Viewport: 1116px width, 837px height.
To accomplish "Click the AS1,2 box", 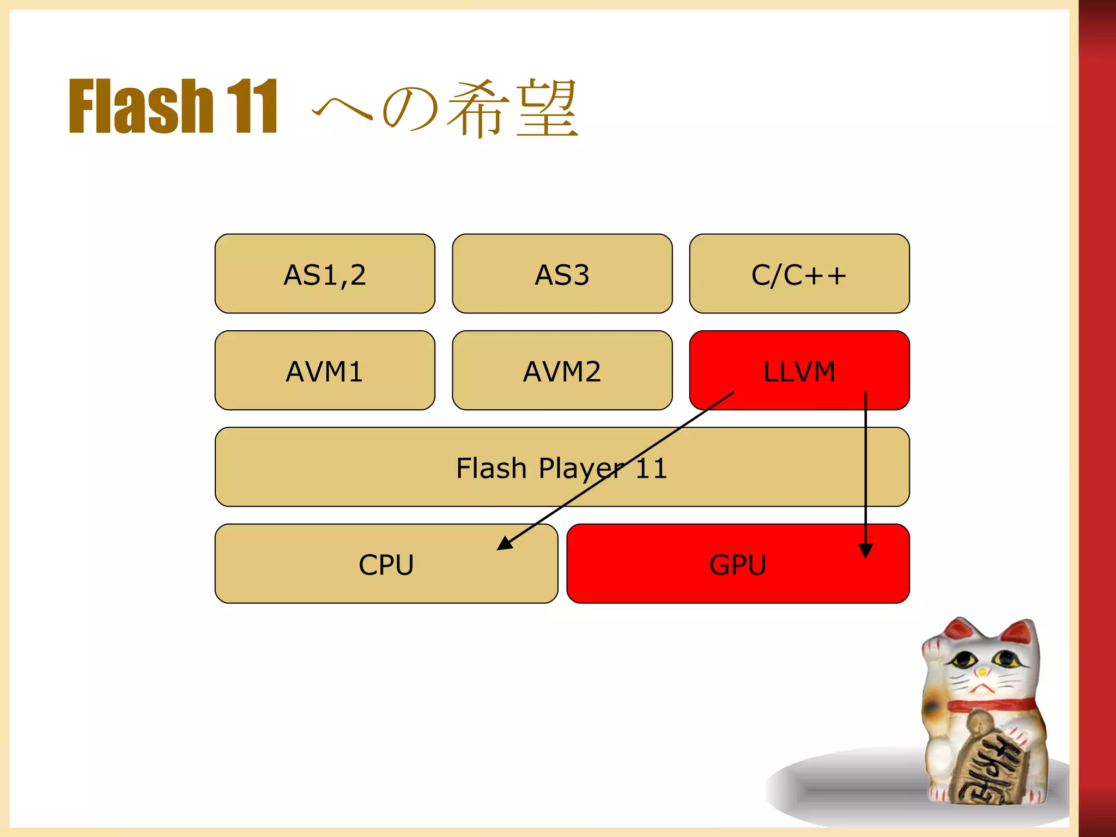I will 325,274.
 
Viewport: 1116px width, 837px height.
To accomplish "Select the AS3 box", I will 562,274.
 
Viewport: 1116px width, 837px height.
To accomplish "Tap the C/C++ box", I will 799,274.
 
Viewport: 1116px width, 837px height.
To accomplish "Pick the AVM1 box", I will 325,371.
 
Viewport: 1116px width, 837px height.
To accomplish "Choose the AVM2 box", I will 562,371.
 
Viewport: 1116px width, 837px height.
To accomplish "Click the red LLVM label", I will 799,372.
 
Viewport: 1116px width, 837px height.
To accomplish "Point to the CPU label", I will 386,565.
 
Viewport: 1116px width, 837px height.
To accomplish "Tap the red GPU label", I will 737,565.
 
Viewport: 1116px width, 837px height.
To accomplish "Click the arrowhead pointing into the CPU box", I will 504,543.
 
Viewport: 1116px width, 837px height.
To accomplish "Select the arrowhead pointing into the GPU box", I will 865,550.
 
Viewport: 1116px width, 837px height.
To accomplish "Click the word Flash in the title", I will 141,106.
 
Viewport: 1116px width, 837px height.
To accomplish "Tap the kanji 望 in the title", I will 547,107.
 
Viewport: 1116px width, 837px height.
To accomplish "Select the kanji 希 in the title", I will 478,107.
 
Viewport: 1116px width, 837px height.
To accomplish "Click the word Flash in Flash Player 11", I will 491,468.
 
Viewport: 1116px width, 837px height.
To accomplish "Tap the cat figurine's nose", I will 982,672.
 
